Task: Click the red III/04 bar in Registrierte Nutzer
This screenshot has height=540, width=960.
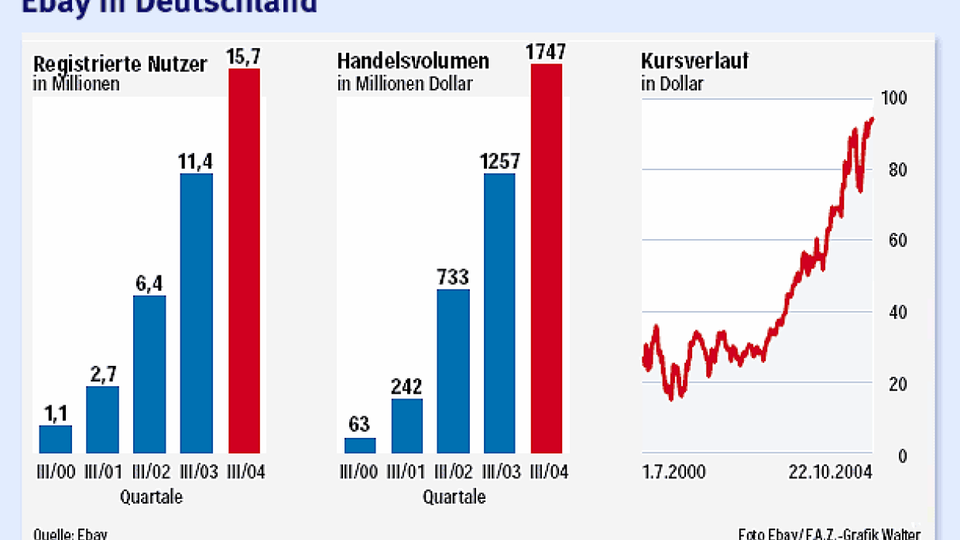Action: pos(244,261)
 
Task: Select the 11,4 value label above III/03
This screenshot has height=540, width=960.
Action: pos(196,162)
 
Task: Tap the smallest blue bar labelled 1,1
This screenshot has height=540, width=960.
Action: pos(56,439)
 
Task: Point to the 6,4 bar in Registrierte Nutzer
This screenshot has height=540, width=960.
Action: pos(149,374)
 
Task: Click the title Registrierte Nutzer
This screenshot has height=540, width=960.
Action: pos(120,64)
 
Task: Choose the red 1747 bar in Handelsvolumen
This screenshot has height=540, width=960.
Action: pos(547,258)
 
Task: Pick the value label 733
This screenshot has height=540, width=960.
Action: pos(453,277)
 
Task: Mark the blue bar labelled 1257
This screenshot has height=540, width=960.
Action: pos(499,313)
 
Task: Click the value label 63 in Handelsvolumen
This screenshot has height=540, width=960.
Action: pos(359,424)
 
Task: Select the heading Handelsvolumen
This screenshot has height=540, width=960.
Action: pos(413,61)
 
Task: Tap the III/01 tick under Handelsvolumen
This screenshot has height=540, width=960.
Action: pos(406,472)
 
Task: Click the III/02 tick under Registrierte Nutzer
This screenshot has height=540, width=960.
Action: pos(149,472)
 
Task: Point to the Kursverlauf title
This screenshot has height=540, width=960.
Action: pos(684,61)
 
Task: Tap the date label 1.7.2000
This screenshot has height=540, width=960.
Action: pos(674,472)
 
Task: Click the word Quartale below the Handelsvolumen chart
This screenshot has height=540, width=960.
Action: pos(454,497)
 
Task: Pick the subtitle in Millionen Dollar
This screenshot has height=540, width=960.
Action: pos(405,84)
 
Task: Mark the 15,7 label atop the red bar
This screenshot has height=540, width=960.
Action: pos(245,56)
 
